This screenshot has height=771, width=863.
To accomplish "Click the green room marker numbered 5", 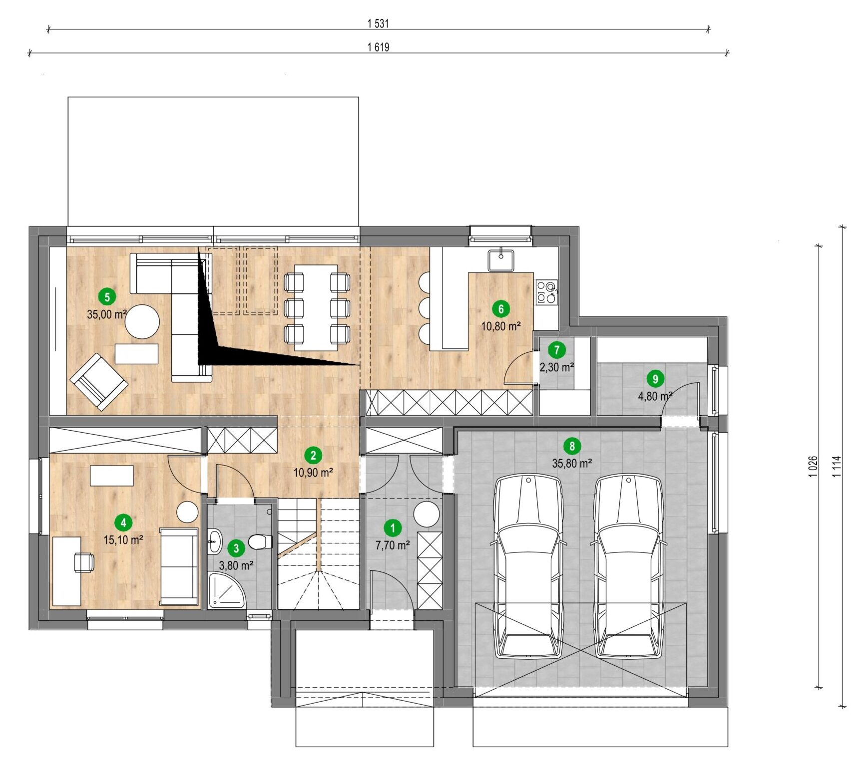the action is (107, 297).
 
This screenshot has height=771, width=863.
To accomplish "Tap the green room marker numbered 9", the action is (655, 379).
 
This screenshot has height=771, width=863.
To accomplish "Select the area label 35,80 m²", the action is (572, 463).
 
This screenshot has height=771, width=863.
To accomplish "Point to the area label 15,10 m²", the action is (123, 539).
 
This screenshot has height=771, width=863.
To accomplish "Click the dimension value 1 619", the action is (378, 47).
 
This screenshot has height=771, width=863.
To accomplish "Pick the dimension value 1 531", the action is (378, 23).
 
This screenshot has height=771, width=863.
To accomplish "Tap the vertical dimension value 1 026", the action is (813, 467).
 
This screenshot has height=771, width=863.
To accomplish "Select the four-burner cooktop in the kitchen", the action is (546, 292).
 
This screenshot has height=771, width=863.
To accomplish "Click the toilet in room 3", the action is (260, 541).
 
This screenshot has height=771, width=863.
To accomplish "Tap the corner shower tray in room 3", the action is (227, 590).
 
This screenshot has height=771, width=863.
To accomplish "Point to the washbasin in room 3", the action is (215, 541).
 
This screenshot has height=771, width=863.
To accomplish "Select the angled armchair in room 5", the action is (99, 382).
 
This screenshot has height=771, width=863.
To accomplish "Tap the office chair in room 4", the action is (84, 562).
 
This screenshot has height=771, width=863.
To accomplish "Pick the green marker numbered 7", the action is (557, 350).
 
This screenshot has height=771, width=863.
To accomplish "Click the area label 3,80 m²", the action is (236, 565).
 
